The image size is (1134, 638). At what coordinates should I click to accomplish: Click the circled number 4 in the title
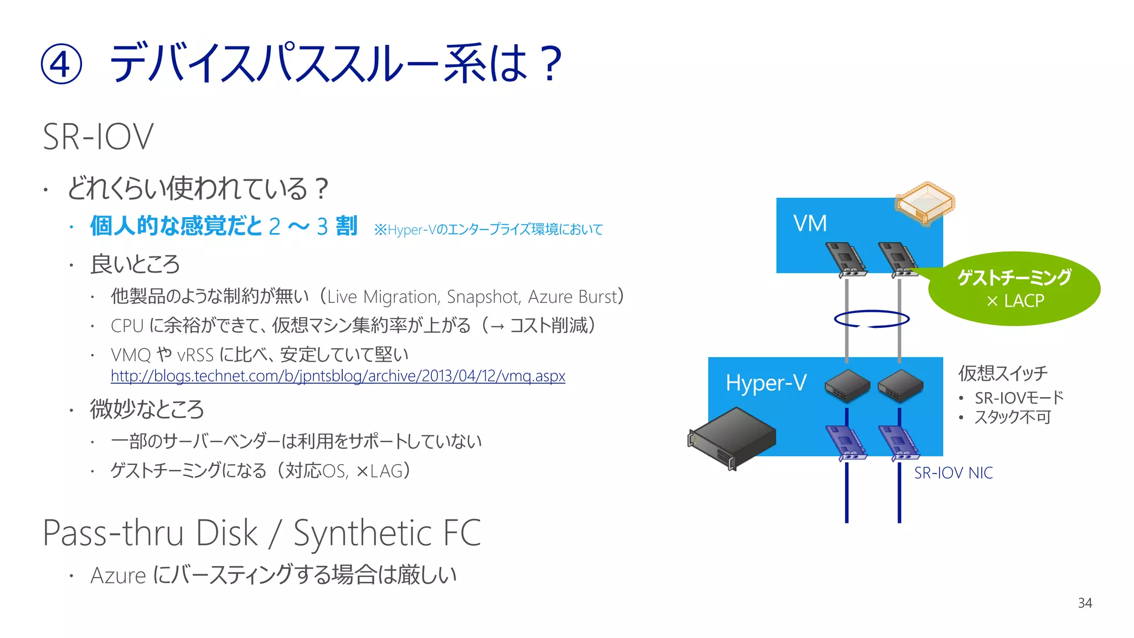tap(61, 65)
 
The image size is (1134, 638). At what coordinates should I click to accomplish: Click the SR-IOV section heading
tap(98, 137)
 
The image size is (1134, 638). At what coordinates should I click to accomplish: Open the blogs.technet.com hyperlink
tap(338, 376)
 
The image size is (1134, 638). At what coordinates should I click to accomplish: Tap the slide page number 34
tap(1085, 603)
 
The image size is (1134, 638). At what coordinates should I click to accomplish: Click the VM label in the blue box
tap(810, 224)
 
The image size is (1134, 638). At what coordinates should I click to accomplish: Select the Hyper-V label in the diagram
tap(766, 383)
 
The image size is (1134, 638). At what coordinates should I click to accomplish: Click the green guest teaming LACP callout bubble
tap(1014, 289)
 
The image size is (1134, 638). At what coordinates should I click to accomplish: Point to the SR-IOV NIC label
tap(953, 473)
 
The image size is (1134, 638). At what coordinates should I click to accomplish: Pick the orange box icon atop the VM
tap(925, 203)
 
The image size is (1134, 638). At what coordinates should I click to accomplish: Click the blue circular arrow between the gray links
tap(872, 319)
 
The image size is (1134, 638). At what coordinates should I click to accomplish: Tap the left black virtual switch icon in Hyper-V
tap(847, 385)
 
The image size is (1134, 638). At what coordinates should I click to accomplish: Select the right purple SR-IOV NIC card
tap(898, 443)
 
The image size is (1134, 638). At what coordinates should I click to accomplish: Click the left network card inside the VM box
tap(846, 259)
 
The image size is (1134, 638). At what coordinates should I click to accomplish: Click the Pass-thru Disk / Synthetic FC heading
tap(261, 533)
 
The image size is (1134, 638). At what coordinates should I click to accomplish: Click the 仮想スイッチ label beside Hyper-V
tap(1003, 373)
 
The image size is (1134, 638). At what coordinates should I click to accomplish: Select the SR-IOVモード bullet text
tap(1019, 398)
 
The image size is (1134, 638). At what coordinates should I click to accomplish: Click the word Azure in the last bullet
tap(118, 576)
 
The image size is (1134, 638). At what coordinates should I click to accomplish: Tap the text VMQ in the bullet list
tap(131, 355)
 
